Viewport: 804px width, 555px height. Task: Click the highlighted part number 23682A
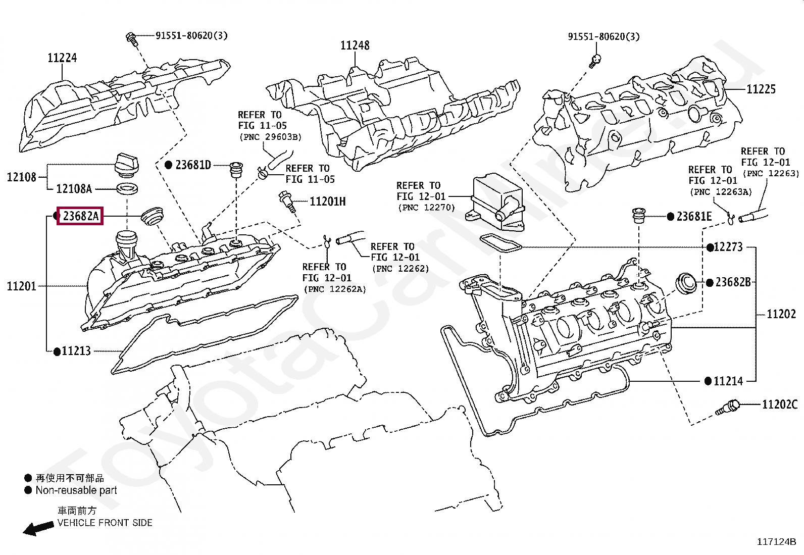(80, 216)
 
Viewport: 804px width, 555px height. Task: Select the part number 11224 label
(62, 58)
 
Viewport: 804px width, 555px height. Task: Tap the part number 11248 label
(355, 45)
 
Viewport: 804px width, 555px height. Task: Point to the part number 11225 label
(761, 89)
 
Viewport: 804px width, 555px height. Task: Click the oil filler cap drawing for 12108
(126, 165)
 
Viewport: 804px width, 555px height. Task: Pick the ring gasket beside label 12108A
(127, 188)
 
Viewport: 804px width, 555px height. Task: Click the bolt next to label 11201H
(287, 202)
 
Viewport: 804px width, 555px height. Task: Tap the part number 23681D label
(193, 165)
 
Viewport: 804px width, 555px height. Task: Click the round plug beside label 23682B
(686, 283)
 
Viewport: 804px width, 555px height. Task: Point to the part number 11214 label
(728, 381)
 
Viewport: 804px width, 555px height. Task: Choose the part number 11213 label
(76, 351)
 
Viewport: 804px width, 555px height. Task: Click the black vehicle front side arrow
(38, 528)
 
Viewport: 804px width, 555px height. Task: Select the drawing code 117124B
(776, 542)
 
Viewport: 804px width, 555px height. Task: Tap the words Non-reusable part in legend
(76, 490)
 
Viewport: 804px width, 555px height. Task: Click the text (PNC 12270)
(426, 208)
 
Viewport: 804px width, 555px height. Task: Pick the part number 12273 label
(728, 247)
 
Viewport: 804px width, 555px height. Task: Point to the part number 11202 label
(781, 314)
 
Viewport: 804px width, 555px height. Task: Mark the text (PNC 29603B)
(270, 137)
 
